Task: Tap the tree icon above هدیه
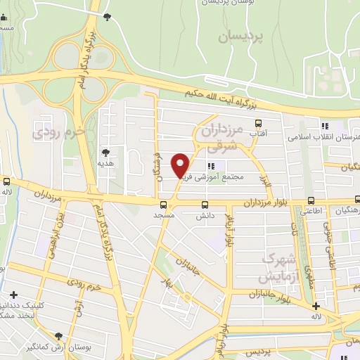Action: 105,152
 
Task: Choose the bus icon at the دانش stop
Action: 205,206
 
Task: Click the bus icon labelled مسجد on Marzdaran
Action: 163,205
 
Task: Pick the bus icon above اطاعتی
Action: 311,201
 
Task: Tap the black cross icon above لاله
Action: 316,306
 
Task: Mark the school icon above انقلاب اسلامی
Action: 324,126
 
